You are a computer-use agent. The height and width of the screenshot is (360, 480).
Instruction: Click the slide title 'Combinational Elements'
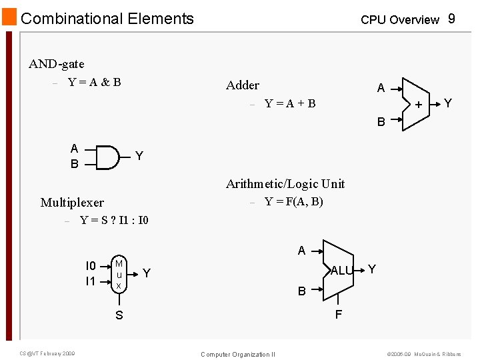(107, 19)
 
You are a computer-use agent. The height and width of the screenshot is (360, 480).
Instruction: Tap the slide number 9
(451, 19)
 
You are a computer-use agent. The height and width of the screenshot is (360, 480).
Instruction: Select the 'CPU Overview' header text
(399, 20)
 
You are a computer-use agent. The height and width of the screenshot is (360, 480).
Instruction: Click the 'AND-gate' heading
(57, 64)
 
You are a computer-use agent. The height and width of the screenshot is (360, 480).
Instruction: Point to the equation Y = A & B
(94, 82)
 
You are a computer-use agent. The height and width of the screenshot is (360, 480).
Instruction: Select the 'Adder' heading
(243, 85)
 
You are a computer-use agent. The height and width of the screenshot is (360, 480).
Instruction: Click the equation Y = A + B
(290, 103)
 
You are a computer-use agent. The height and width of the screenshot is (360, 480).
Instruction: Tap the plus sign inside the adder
(419, 105)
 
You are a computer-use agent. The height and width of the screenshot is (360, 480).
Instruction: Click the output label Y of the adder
(448, 103)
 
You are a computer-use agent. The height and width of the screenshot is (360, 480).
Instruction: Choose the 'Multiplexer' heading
(72, 202)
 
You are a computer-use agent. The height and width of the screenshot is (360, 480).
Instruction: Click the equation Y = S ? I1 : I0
(114, 220)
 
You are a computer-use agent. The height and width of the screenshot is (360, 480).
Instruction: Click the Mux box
(119, 273)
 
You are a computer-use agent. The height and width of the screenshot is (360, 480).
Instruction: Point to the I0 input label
(91, 266)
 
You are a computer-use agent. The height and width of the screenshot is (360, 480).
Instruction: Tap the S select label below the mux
(119, 315)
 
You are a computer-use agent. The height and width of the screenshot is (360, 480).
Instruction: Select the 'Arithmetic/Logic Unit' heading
(285, 183)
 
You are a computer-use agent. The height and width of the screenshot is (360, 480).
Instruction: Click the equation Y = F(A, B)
(294, 201)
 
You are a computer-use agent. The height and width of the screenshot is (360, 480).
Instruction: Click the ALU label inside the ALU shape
(341, 270)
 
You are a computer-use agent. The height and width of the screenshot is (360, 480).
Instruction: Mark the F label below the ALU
(338, 315)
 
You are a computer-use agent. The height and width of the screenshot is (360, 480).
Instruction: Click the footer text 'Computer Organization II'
(238, 354)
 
